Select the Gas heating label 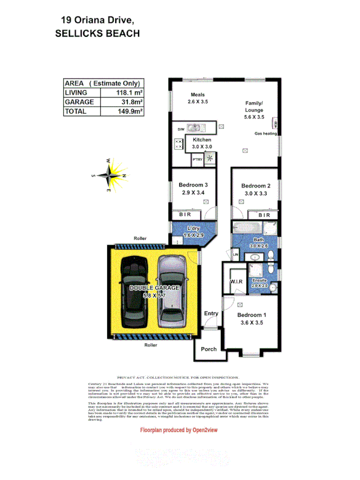click(265, 134)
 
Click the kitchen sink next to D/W click(195, 129)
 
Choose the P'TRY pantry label click(197, 159)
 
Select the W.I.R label click(237, 281)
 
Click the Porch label click(209, 349)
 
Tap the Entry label click(211, 314)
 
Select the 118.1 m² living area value click(129, 93)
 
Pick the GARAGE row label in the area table click(79, 102)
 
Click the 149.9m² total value click(130, 111)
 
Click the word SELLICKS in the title click(81, 33)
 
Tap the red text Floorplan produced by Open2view click(180, 430)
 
